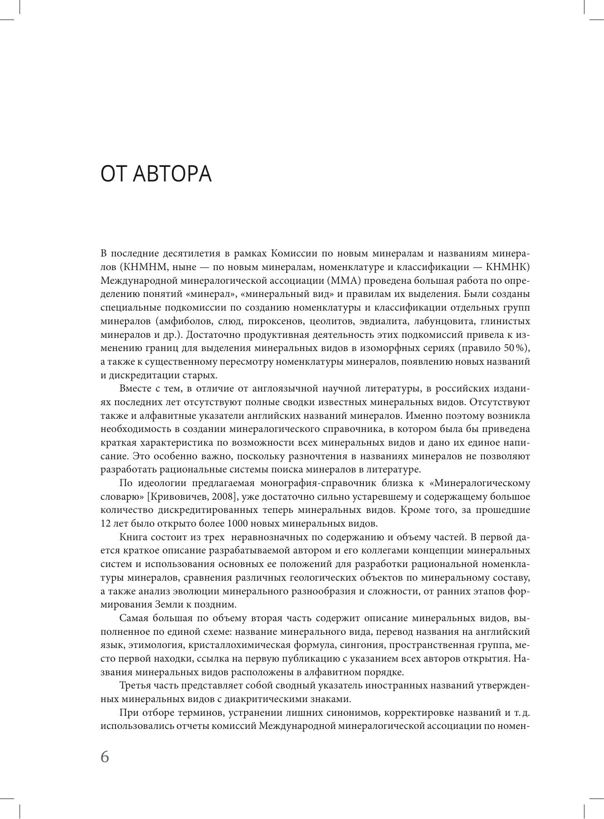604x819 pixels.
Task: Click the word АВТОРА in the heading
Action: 173,174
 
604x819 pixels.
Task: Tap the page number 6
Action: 105,757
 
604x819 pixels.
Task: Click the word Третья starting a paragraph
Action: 137,686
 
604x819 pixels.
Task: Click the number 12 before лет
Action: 106,524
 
